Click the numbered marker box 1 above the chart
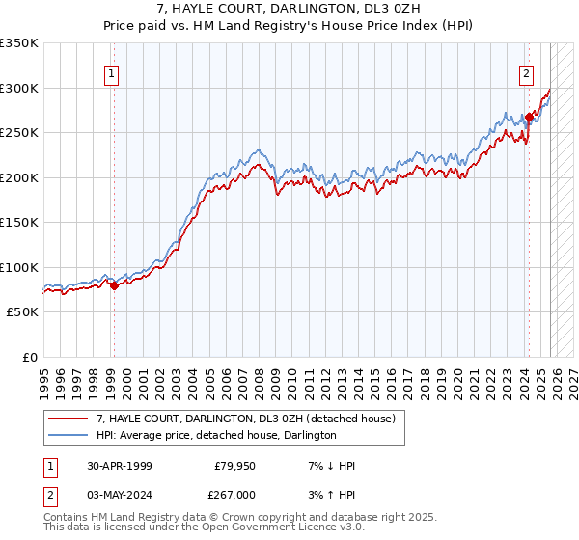click(x=113, y=73)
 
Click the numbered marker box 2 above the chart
click(x=527, y=73)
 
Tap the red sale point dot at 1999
click(x=114, y=285)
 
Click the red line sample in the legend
click(x=69, y=419)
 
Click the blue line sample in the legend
click(x=69, y=436)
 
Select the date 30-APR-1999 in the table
click(x=120, y=466)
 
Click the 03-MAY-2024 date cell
click(x=120, y=494)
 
